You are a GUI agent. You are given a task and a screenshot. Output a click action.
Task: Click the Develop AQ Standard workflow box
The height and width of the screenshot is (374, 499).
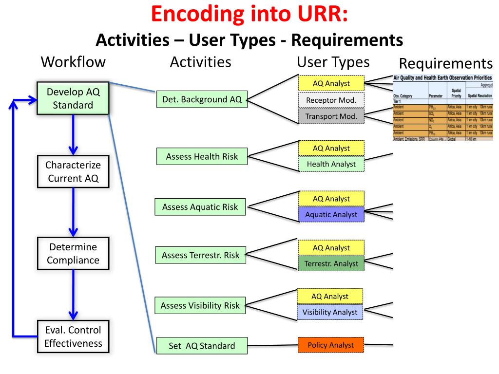pos(73,98)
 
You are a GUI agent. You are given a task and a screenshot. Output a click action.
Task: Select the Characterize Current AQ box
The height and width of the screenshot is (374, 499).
pos(73,171)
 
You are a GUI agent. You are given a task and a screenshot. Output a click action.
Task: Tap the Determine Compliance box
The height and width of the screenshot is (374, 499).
pos(73,253)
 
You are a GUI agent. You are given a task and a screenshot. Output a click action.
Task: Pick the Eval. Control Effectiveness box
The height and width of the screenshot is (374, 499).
pos(73,336)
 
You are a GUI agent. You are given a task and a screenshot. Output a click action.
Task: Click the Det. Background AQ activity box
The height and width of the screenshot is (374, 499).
pos(202,100)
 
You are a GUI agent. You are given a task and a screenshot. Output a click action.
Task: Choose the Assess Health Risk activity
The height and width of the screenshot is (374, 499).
pos(201,156)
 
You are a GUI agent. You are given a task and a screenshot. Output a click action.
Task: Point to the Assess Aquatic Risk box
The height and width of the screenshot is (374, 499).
pos(200,207)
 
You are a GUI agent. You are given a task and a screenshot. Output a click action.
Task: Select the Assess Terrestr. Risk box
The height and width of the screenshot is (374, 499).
pos(200,255)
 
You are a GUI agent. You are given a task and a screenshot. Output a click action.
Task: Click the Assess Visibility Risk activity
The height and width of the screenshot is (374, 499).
pos(200,306)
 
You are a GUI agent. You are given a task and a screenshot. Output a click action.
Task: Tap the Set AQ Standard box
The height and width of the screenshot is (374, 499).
pos(201,346)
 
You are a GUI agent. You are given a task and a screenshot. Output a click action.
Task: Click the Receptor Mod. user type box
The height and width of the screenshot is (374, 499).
pos(331,100)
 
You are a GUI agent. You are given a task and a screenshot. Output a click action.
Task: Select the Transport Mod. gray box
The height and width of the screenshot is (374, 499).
pos(331,116)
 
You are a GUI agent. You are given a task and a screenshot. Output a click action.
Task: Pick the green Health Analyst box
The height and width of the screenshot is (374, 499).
pos(331,164)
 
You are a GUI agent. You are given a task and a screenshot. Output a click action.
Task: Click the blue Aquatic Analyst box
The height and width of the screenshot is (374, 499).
pos(331,214)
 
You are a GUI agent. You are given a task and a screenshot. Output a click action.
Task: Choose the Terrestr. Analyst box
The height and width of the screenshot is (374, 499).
pos(331,263)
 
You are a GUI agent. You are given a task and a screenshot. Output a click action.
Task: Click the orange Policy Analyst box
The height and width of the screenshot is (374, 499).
pos(331,345)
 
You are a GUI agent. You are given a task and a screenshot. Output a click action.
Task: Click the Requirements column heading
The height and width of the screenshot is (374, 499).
pos(446,64)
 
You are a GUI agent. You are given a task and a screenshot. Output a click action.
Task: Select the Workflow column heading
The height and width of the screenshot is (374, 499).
pos(73,62)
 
